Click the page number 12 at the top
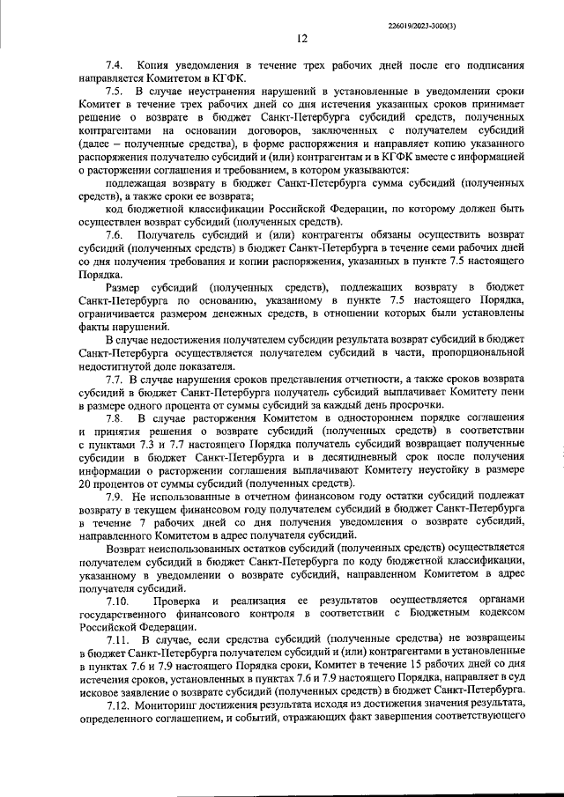(301, 38)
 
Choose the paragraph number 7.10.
(117, 601)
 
